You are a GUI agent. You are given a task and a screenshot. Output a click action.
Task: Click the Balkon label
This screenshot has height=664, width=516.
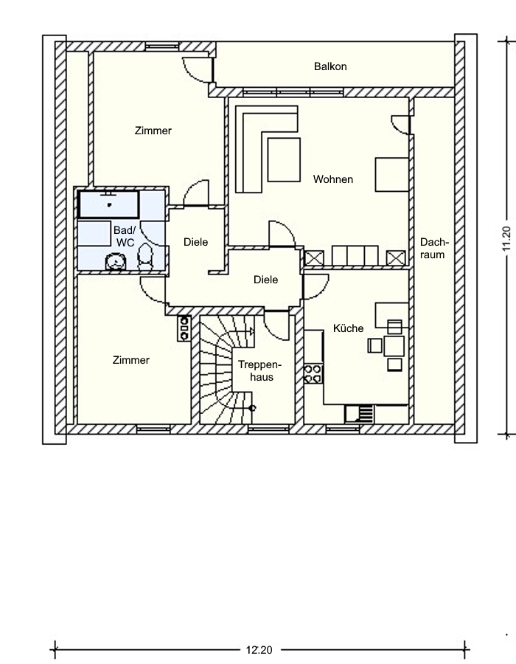point(330,66)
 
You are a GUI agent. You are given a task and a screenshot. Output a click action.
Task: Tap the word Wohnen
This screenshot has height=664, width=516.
point(333,179)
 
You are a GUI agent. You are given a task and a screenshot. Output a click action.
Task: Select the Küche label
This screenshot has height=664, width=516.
point(348,328)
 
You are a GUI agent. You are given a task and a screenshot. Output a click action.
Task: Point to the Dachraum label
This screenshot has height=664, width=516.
point(432,249)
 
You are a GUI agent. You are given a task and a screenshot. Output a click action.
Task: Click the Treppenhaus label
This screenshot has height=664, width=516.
point(259,371)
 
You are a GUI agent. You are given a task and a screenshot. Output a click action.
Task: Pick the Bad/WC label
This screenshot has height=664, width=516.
point(125,236)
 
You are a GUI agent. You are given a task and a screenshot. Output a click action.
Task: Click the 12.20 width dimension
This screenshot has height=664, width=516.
point(259,649)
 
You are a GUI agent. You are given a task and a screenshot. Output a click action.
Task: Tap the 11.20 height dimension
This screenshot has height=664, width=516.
point(506,239)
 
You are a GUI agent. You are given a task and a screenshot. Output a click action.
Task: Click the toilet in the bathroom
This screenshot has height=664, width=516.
point(145,257)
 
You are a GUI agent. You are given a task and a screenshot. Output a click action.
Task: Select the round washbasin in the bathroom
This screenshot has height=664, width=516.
point(116,261)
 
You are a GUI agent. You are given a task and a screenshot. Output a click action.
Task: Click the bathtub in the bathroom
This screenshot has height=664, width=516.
point(109,204)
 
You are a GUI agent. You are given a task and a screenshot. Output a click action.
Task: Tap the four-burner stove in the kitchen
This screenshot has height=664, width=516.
point(313,373)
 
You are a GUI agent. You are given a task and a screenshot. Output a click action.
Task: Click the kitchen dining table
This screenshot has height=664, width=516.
point(394,346)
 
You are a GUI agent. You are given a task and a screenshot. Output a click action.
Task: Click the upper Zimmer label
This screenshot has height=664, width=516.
point(153,131)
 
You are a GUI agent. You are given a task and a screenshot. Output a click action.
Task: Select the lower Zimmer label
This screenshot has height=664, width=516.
point(131,360)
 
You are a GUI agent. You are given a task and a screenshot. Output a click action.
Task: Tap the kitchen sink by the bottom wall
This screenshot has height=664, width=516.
point(359,414)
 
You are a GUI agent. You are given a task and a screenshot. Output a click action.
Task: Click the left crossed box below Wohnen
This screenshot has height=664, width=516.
point(314,258)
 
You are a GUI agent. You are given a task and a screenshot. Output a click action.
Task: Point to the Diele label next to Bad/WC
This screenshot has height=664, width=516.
point(196,242)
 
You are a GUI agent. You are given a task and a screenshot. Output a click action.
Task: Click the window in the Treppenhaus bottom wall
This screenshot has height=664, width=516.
point(262,429)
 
